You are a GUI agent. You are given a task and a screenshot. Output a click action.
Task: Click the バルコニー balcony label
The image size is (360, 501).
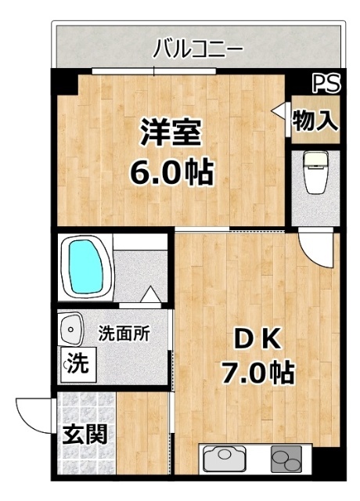197,49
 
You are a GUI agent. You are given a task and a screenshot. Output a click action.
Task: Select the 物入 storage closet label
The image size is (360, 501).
315,120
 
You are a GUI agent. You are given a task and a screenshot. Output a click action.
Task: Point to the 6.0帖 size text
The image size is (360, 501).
171,171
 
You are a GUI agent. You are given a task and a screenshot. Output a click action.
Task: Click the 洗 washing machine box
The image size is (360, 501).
75,364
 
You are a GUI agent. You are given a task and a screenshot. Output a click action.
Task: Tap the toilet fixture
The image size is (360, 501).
317,173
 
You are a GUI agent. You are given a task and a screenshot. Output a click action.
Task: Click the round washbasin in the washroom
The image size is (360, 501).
72,329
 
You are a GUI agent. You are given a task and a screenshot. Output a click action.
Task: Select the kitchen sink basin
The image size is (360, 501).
224,459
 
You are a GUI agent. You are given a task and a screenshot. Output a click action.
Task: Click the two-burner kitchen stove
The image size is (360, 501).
286,459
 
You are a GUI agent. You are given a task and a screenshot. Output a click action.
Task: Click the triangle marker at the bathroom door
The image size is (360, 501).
151,295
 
